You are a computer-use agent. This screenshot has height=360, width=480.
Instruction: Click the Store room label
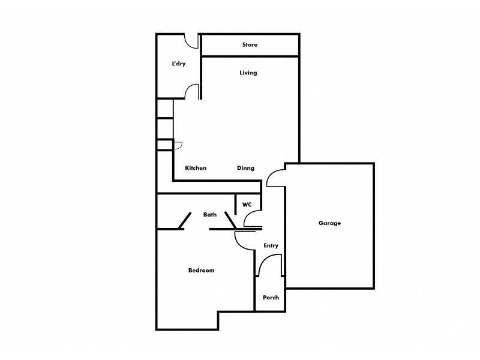[x=250, y=45]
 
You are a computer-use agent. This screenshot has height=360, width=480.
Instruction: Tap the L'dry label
[x=178, y=64]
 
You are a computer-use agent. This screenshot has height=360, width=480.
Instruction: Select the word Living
[x=248, y=73]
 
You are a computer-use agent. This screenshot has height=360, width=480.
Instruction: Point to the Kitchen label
[x=196, y=168]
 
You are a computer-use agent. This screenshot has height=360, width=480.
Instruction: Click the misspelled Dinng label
[x=245, y=168]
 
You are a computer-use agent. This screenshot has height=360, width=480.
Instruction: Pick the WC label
[x=247, y=205]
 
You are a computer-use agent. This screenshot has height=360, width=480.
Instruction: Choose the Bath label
[x=210, y=214]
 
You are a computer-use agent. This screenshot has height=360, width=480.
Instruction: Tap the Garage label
[x=329, y=223]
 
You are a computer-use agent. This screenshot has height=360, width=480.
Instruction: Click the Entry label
[x=271, y=245]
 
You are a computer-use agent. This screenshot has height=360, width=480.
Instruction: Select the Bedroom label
[x=201, y=270]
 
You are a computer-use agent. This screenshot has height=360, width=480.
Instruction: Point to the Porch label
[x=271, y=297]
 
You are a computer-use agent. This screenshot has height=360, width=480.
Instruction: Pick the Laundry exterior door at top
[x=192, y=41]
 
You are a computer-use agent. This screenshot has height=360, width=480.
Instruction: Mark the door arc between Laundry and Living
[x=192, y=91]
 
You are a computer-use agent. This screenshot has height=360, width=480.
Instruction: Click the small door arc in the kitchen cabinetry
[x=178, y=144]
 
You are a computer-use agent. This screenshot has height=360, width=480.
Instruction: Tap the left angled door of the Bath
[x=184, y=221]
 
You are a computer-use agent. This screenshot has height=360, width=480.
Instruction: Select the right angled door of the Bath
[x=231, y=220]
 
